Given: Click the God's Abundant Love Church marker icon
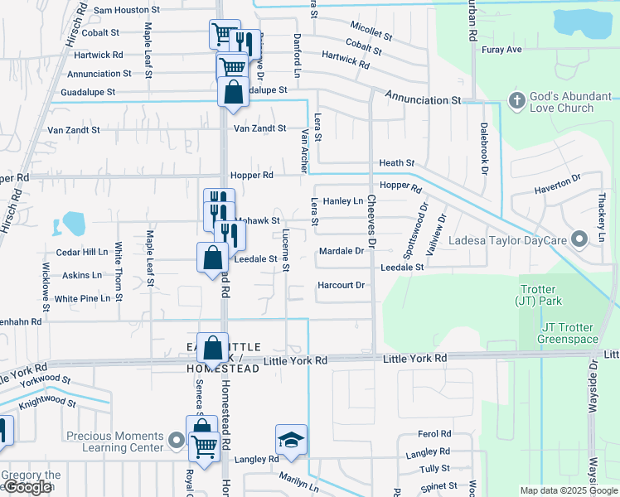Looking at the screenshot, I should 516,100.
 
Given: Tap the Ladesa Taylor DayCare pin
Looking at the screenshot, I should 580,239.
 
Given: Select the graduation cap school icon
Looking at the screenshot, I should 291,439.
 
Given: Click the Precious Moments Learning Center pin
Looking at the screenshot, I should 175,440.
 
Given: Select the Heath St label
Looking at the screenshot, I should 396,164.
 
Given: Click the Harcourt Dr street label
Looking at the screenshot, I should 341,286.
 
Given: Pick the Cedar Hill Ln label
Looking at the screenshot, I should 81,252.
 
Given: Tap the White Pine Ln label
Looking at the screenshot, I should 82,298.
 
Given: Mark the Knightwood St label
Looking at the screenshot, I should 47,403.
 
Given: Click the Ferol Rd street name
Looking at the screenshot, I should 434,434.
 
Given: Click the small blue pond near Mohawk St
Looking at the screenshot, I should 73,223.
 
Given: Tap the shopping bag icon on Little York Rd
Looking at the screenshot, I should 213,349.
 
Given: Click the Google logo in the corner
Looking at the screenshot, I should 27,487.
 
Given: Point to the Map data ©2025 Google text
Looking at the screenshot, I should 569,490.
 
